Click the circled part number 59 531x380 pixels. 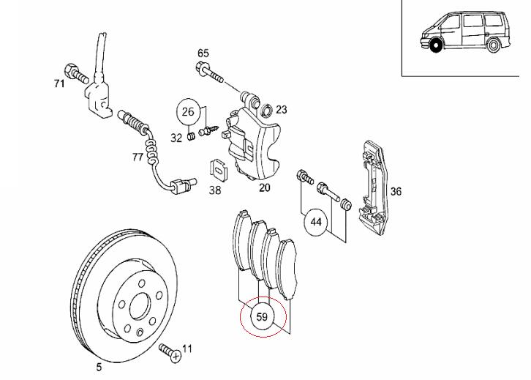click(x=262, y=318)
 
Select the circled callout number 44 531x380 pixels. click(x=316, y=220)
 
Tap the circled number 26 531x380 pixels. click(x=188, y=112)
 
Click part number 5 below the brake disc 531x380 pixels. click(x=99, y=368)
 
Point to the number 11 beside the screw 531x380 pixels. click(x=187, y=349)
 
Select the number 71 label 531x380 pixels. click(x=59, y=84)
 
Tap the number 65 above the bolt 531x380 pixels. click(x=203, y=53)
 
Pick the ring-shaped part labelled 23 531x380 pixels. click(x=267, y=111)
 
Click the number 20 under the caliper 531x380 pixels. click(x=264, y=187)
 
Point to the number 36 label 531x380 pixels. click(x=396, y=193)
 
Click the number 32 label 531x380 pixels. click(x=176, y=137)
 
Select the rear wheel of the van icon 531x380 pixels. click(x=495, y=46)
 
